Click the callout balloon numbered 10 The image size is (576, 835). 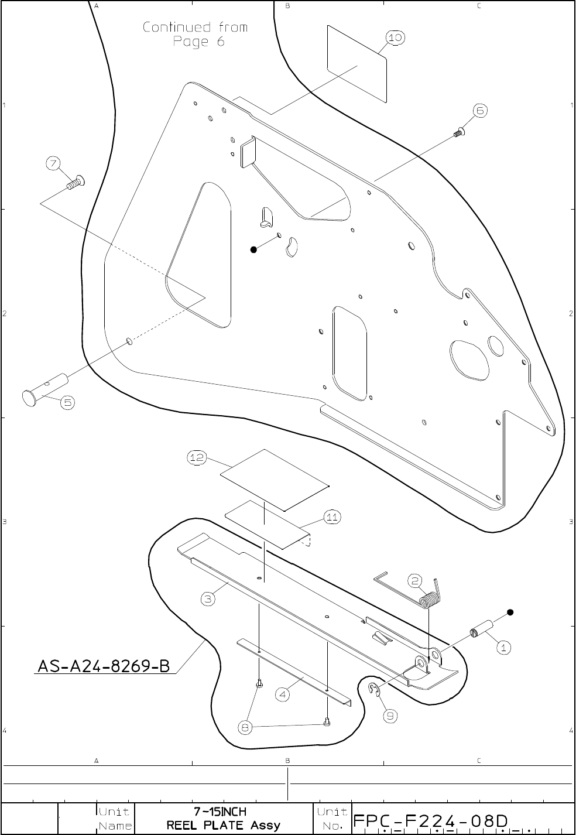395,37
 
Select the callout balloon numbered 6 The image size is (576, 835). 479,111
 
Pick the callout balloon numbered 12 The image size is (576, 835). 197,458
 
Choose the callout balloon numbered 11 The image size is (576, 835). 332,517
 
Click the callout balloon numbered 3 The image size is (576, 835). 208,598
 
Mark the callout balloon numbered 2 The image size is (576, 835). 415,581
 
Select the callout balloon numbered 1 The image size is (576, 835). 503,648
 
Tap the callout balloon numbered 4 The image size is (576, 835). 283,695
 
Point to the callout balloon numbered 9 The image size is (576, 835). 390,715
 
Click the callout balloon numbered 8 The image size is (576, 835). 246,727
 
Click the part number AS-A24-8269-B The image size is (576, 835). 104,666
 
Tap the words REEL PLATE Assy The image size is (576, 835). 224,826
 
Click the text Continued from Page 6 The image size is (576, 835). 196,34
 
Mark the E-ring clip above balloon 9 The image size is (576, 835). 375,690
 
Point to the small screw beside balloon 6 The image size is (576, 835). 458,132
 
